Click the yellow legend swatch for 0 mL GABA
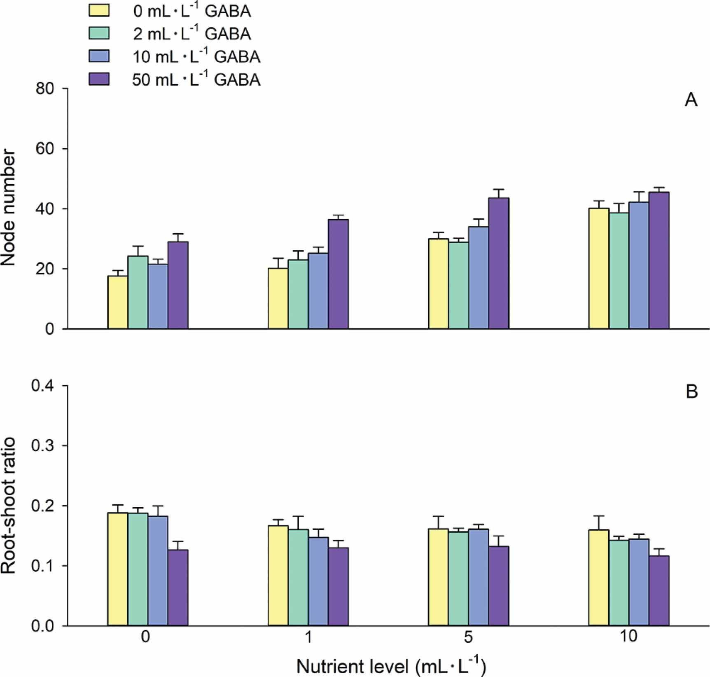pos(99,11)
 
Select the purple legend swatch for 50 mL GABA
pos(99,79)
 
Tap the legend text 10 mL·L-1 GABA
pos(196,56)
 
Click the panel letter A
pos(691,100)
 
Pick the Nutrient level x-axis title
pos(391,666)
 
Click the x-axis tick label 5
pos(468,637)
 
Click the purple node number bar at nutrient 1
pos(338,274)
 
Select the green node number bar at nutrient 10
pos(619,270)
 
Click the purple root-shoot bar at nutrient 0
pos(178,588)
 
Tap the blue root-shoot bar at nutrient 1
pos(318,581)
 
